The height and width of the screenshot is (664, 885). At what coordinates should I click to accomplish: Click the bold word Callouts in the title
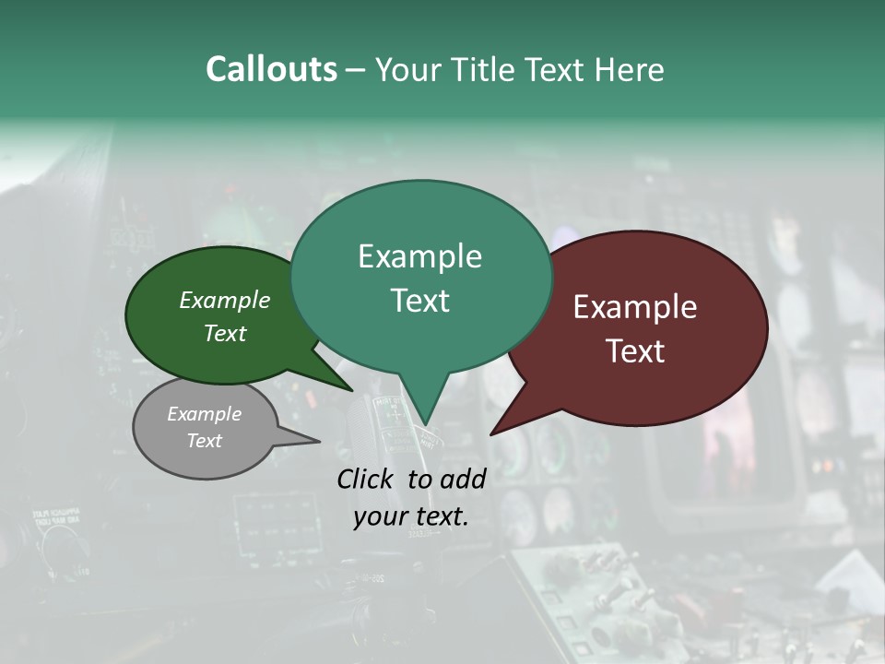(x=271, y=69)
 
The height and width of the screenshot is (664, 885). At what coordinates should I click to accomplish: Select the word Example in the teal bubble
(x=419, y=256)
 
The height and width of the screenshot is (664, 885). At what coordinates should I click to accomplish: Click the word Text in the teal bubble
(x=419, y=301)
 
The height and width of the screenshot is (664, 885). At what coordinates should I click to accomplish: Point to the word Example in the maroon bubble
(x=635, y=307)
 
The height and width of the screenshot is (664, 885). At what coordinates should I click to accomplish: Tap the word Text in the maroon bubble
(x=635, y=351)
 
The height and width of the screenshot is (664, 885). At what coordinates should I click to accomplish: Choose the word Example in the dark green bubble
(x=225, y=300)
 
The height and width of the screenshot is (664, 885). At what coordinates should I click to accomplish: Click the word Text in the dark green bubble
(x=225, y=333)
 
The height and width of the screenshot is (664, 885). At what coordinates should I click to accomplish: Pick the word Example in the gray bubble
(x=205, y=414)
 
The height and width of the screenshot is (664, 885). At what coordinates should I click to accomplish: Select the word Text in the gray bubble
(x=205, y=441)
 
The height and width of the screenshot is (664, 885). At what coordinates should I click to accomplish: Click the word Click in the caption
(x=367, y=479)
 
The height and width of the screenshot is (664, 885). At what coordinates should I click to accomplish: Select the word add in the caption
(x=463, y=479)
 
